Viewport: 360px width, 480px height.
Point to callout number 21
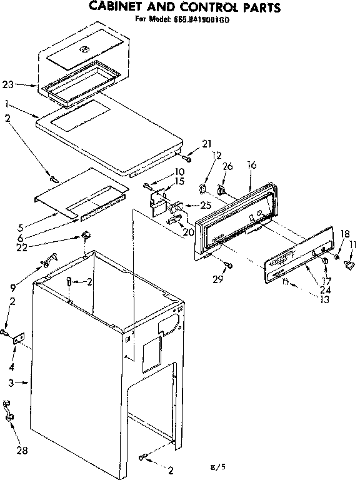(x=207, y=144)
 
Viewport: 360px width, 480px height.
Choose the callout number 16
(x=252, y=166)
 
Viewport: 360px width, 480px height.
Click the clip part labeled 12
(x=202, y=187)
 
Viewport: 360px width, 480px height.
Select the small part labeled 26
(x=221, y=188)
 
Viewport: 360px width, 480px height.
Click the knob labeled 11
(x=349, y=267)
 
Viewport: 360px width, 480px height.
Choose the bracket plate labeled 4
(x=19, y=338)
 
